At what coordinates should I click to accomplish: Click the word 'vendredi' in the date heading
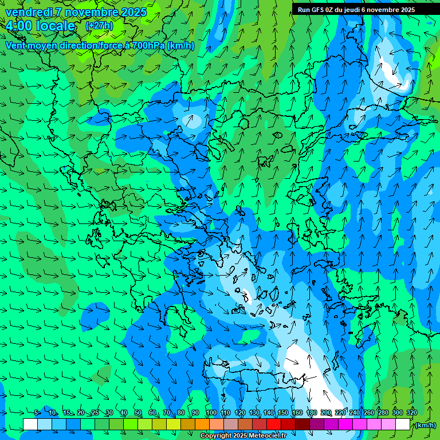click(29, 12)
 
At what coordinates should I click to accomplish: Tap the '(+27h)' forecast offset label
click(99, 26)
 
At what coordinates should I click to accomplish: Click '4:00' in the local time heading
click(18, 26)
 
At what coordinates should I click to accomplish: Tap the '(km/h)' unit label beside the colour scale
click(425, 425)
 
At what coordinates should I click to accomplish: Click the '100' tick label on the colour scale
click(211, 412)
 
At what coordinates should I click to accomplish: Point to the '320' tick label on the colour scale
click(412, 412)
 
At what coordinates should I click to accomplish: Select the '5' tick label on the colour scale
click(37, 412)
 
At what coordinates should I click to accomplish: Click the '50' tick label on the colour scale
click(138, 412)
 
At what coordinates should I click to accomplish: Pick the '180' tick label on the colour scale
click(311, 412)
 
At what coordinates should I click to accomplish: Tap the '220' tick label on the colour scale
click(340, 412)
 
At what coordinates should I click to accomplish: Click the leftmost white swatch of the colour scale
click(30, 425)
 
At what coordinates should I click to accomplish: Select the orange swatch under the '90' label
click(202, 425)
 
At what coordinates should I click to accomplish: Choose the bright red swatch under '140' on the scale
click(274, 425)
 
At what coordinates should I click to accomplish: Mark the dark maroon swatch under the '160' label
click(302, 425)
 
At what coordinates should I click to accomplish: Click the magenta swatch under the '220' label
click(345, 425)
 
